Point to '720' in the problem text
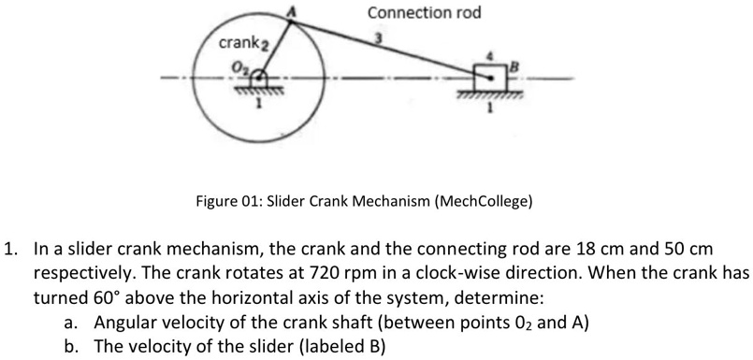click(313, 274)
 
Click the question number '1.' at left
click(11, 252)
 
